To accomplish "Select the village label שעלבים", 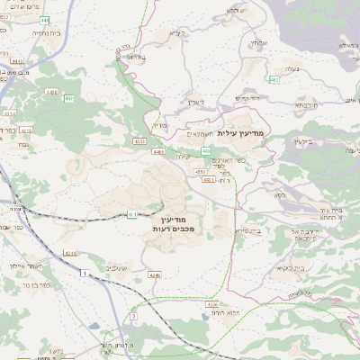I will click(x=118, y=267).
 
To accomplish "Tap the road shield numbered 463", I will click(x=274, y=80).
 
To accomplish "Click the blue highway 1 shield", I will click(x=83, y=271).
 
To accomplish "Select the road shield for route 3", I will click(x=132, y=317).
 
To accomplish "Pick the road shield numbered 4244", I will click(x=68, y=253).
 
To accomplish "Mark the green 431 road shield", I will click(x=132, y=214).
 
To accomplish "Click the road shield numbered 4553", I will click(x=139, y=140).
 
